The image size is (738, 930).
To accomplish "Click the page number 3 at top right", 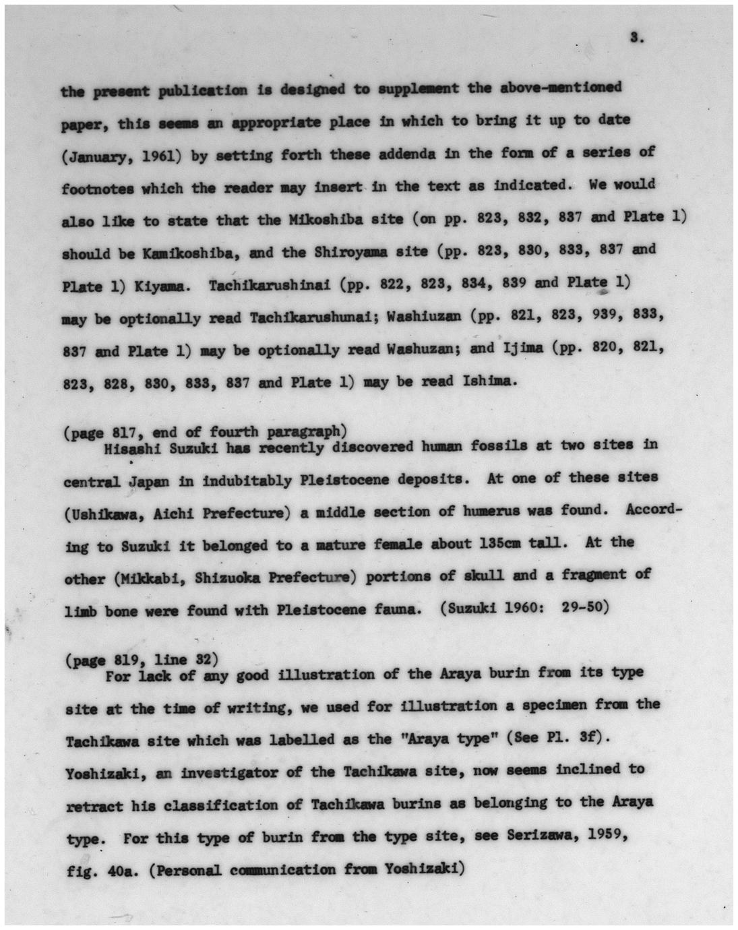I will pos(636,38).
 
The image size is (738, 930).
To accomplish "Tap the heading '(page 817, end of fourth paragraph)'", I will pos(205,432).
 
